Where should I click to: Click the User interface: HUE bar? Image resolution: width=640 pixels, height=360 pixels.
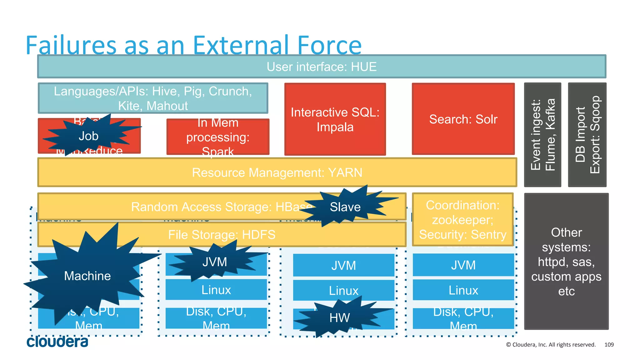(x=322, y=67)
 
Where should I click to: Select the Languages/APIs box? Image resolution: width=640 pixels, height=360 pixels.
(x=153, y=98)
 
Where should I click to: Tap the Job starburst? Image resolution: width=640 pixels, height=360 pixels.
(x=88, y=136)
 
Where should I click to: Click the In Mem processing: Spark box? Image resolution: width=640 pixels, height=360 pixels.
(x=218, y=137)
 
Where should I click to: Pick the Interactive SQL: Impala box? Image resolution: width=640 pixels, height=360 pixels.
(x=335, y=119)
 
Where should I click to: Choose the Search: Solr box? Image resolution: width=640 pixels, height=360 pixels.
(x=463, y=119)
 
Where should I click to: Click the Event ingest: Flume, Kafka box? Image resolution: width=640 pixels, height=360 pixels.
(x=542, y=135)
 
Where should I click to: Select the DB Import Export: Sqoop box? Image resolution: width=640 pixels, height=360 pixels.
(x=587, y=135)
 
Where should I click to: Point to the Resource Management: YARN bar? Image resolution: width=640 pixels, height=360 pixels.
(x=277, y=172)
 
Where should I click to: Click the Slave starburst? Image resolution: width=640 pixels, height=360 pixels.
(x=345, y=207)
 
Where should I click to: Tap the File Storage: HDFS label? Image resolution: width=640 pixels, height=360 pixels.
(x=222, y=235)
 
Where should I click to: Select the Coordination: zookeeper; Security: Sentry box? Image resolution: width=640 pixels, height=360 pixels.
(x=462, y=220)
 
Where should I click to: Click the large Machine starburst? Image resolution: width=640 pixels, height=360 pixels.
(x=87, y=276)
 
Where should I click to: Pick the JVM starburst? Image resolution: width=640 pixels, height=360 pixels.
(x=215, y=262)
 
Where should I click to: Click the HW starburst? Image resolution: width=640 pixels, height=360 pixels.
(x=340, y=318)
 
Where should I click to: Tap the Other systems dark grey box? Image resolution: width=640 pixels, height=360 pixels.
(x=566, y=262)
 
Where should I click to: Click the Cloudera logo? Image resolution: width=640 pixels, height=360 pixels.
(x=57, y=342)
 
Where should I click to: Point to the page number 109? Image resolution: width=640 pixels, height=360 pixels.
(x=609, y=345)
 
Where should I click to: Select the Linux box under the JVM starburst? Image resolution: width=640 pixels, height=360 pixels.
(x=216, y=290)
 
